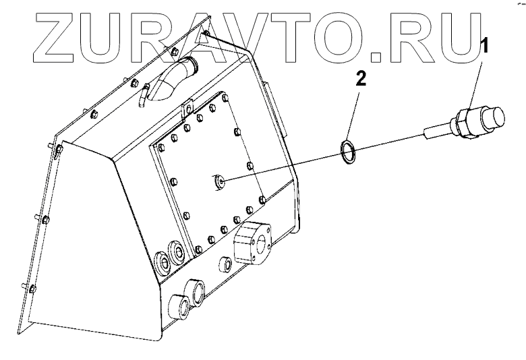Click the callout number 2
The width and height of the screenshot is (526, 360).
(362, 80)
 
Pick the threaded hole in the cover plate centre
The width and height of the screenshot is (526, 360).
(221, 180)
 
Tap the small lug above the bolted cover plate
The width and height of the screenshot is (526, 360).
(187, 109)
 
